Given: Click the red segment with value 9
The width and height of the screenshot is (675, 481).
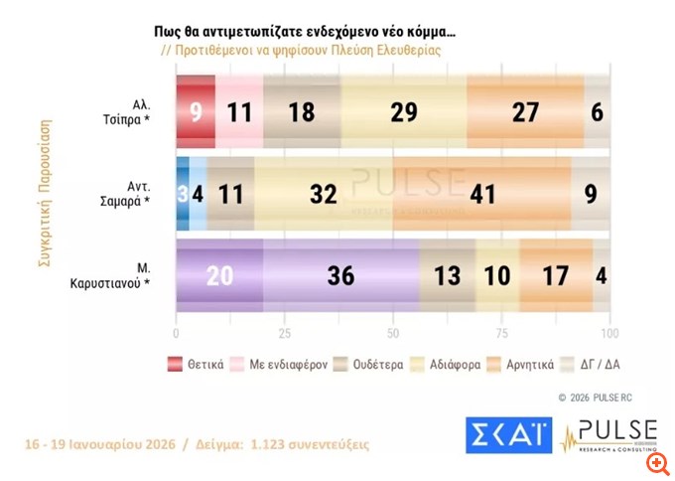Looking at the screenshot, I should [196, 110].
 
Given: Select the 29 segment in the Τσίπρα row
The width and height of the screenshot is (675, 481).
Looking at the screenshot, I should [403, 110].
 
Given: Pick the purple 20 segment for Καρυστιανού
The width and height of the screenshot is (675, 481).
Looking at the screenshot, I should [219, 276].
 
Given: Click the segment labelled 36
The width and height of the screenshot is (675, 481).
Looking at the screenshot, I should [340, 276].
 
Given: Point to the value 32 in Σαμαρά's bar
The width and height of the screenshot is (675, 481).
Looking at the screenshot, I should [324, 193].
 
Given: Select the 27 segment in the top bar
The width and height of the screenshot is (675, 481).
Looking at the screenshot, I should [525, 110].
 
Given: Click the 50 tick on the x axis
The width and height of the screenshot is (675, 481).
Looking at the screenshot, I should [393, 333].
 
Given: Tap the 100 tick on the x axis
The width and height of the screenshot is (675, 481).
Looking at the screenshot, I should [610, 333].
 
